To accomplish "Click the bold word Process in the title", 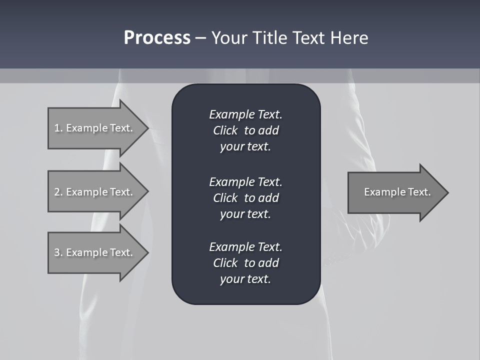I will click(x=157, y=38).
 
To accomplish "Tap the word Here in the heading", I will click(x=348, y=38).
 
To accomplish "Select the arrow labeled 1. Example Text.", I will click(x=95, y=128).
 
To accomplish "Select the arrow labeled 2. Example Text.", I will click(x=95, y=192).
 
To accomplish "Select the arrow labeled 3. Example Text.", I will click(x=95, y=252).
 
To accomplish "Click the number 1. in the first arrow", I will click(x=58, y=128).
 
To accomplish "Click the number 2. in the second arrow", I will click(x=58, y=192).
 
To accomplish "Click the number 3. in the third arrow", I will click(x=58, y=252).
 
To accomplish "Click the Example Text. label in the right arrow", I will click(x=397, y=192).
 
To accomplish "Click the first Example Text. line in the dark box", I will click(x=245, y=114).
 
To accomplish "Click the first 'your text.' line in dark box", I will click(x=245, y=147).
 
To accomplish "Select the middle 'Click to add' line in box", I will click(x=245, y=198).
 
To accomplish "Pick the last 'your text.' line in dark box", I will click(x=245, y=279).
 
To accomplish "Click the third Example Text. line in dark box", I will click(x=245, y=247).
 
